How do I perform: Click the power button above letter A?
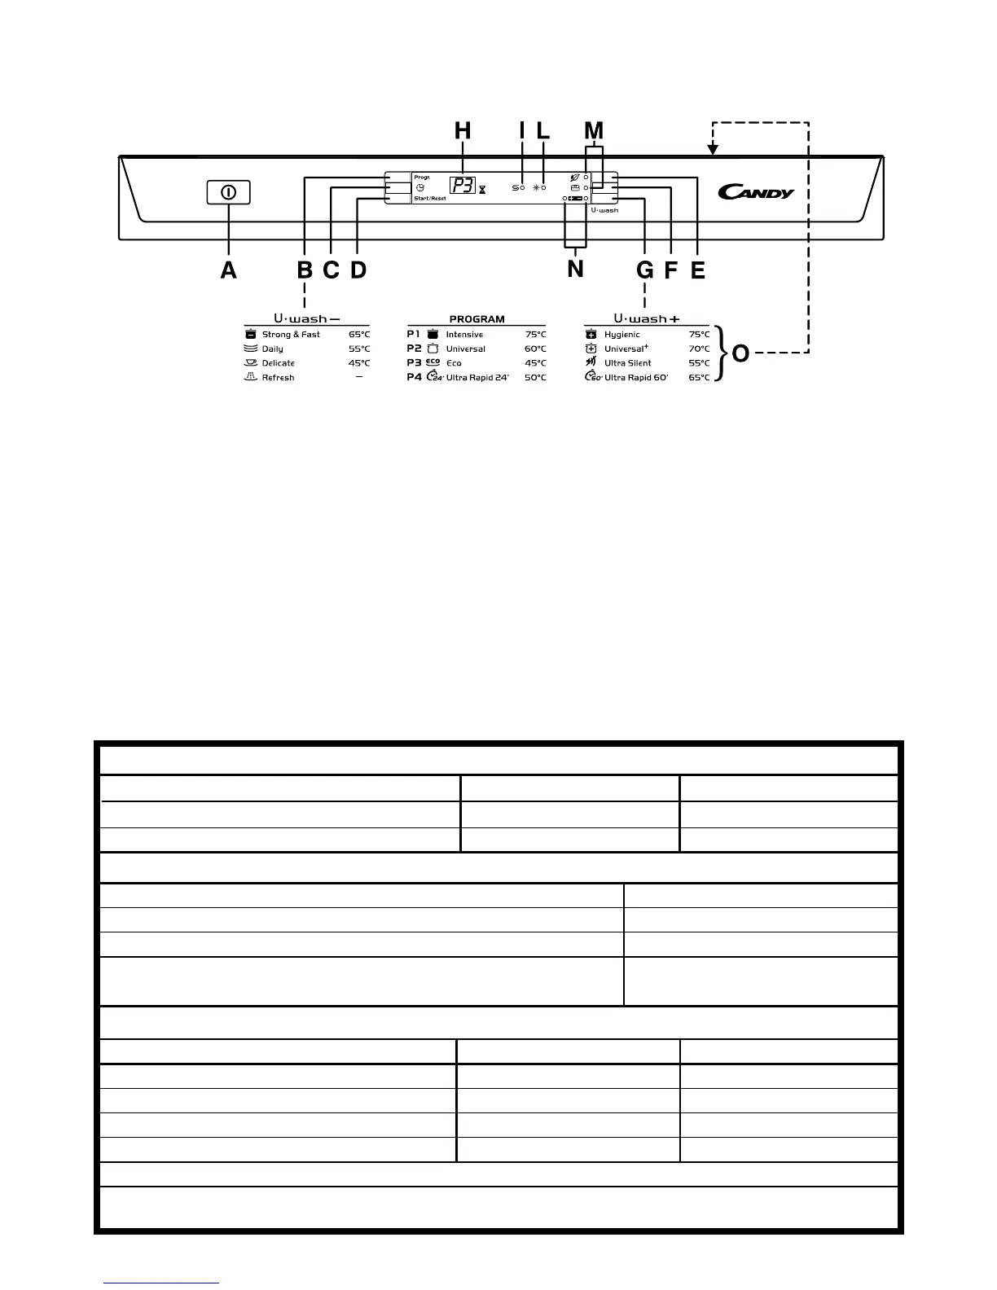228,193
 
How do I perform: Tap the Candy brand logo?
755,192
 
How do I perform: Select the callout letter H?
462,130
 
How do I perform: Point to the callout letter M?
594,130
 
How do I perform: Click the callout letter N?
575,269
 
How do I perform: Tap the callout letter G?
644,270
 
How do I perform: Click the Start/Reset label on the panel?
429,198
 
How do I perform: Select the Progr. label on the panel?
422,177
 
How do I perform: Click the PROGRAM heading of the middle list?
477,319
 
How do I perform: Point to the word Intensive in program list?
464,335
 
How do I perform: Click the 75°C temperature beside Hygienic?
698,335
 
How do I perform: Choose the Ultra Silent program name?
627,363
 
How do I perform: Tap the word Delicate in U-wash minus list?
278,363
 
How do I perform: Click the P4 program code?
414,377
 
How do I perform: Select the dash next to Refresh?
358,377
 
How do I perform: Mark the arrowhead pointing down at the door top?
713,149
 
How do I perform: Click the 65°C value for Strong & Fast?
358,335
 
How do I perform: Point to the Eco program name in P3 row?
454,363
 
